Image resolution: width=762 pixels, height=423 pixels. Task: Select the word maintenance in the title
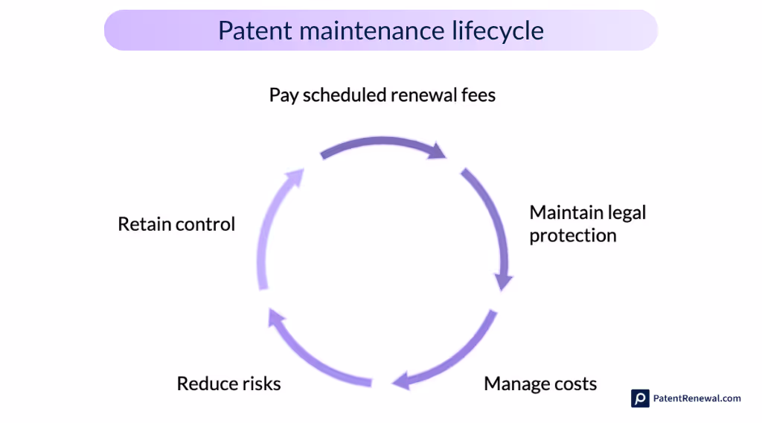click(x=369, y=31)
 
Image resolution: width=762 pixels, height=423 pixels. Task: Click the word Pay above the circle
click(x=284, y=95)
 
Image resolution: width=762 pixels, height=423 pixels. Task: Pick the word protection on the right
click(x=573, y=235)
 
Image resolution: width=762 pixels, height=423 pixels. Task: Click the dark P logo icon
click(x=640, y=398)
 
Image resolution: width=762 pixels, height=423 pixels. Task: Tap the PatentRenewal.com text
click(x=697, y=398)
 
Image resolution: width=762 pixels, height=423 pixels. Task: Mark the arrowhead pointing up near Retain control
click(x=295, y=176)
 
